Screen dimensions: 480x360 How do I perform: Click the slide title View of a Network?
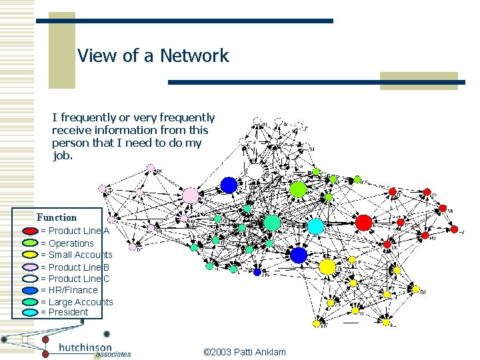click(153, 56)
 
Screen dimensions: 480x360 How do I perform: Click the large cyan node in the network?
click(316, 227)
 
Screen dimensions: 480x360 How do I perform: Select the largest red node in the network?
click(363, 222)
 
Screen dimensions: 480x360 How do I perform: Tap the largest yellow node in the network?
click(327, 267)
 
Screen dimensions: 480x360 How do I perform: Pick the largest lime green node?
click(299, 189)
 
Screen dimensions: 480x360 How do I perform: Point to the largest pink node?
click(191, 195)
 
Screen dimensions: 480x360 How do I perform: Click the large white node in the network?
click(255, 171)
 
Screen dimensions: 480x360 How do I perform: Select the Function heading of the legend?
click(57, 217)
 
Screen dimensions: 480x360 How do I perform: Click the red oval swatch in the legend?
click(30, 231)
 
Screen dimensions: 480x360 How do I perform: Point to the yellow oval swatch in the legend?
click(30, 255)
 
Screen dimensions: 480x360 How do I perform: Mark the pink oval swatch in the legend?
click(30, 267)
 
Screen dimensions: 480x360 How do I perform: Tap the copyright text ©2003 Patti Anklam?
click(244, 352)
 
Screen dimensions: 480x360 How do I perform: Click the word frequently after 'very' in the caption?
click(189, 118)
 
